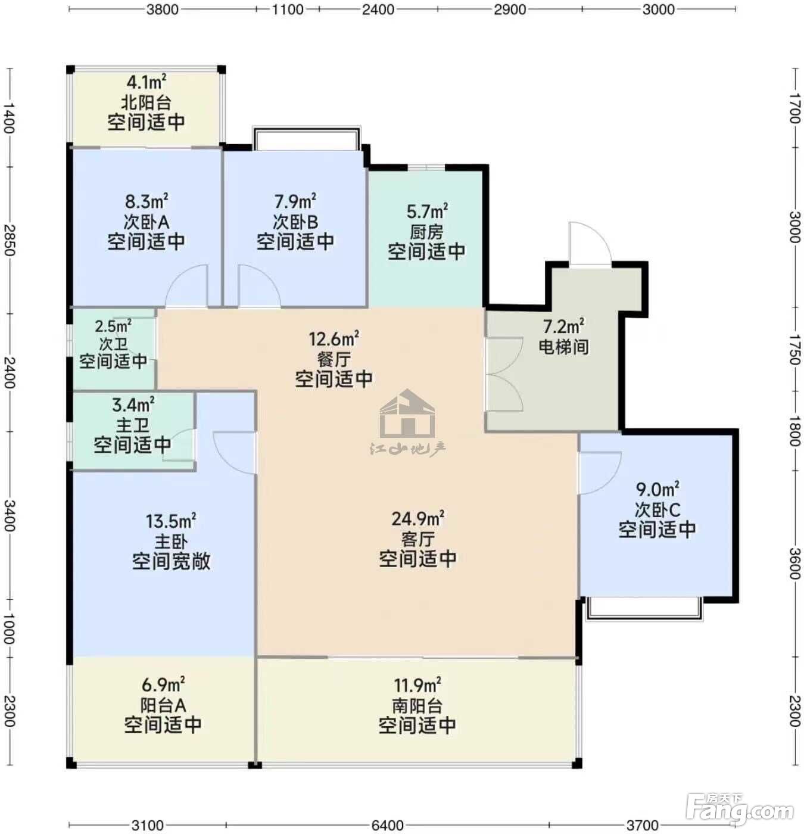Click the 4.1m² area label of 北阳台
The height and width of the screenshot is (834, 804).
point(146,82)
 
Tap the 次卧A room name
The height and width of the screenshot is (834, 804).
point(146,222)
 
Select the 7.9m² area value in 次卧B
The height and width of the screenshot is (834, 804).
point(295,201)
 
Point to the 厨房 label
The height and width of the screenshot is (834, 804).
point(426,232)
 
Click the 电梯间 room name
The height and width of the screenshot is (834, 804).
point(563,346)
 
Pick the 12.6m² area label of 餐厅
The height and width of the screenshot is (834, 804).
point(334,339)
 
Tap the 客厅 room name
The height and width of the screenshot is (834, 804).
point(418,539)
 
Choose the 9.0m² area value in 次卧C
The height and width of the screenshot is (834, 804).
point(657,489)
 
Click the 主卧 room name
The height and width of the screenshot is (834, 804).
point(171,542)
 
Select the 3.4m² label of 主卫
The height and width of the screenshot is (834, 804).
point(133,404)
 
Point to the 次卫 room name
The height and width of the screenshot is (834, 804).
point(113,344)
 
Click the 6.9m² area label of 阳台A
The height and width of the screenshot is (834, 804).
point(163,685)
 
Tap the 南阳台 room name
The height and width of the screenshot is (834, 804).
point(417,705)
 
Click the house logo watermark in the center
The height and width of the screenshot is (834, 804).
point(407,414)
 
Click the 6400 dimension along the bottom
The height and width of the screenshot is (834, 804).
point(388,825)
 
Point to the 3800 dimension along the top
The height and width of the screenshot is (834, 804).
point(163,9)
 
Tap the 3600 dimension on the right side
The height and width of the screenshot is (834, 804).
point(795,564)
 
